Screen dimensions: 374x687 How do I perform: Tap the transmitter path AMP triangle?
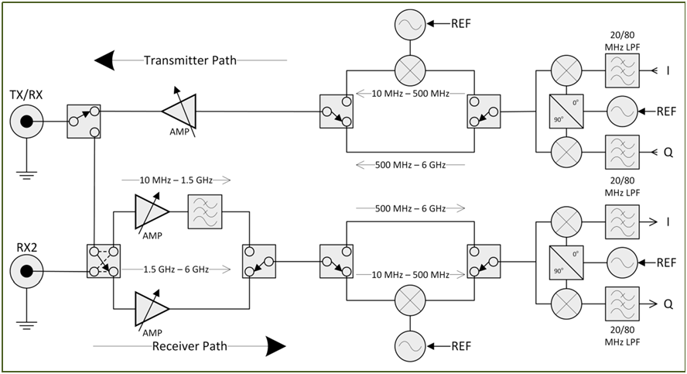coord(179,112)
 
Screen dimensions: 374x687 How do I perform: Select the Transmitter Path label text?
coord(190,60)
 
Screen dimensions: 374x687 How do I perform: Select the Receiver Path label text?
coord(190,346)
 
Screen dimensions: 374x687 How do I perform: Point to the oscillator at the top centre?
coord(410,25)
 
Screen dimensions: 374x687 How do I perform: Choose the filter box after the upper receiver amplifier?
coord(205,211)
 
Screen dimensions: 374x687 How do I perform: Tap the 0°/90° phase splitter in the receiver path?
coord(567,262)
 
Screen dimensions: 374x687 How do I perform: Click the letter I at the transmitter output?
coord(666,71)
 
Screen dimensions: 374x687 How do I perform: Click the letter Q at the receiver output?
coord(667,303)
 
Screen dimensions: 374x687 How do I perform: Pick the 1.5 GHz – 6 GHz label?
coord(177,269)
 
